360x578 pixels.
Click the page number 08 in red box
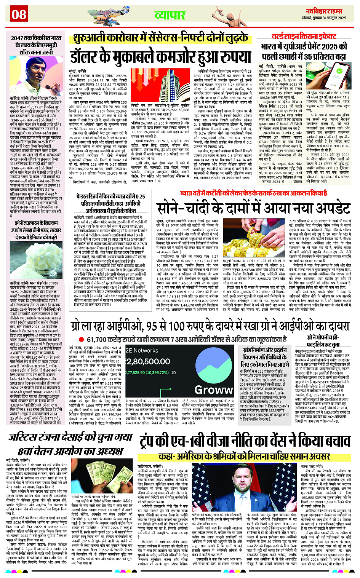[19, 14]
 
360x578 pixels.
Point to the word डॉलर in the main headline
[89, 56]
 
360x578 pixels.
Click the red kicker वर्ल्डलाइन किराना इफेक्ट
[304, 37]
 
